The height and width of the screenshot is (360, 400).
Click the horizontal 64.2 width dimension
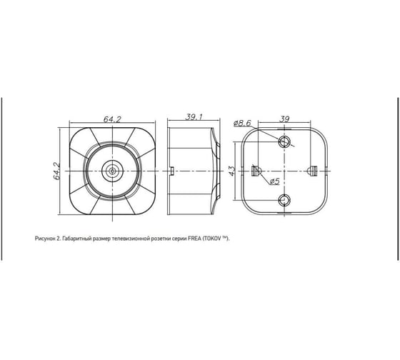(x=112, y=119)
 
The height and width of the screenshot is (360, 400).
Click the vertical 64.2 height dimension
(x=56, y=171)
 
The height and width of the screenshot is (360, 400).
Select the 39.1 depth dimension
(x=194, y=117)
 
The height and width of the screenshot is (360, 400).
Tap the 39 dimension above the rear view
(x=284, y=119)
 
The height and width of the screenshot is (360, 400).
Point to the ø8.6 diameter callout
(x=242, y=124)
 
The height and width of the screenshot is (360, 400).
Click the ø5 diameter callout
(x=274, y=181)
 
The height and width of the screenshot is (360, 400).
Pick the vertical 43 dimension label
(x=231, y=171)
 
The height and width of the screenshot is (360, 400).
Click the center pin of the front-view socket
(x=112, y=171)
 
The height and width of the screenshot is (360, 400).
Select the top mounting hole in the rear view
(x=284, y=141)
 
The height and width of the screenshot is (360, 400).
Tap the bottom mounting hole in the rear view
(x=284, y=200)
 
